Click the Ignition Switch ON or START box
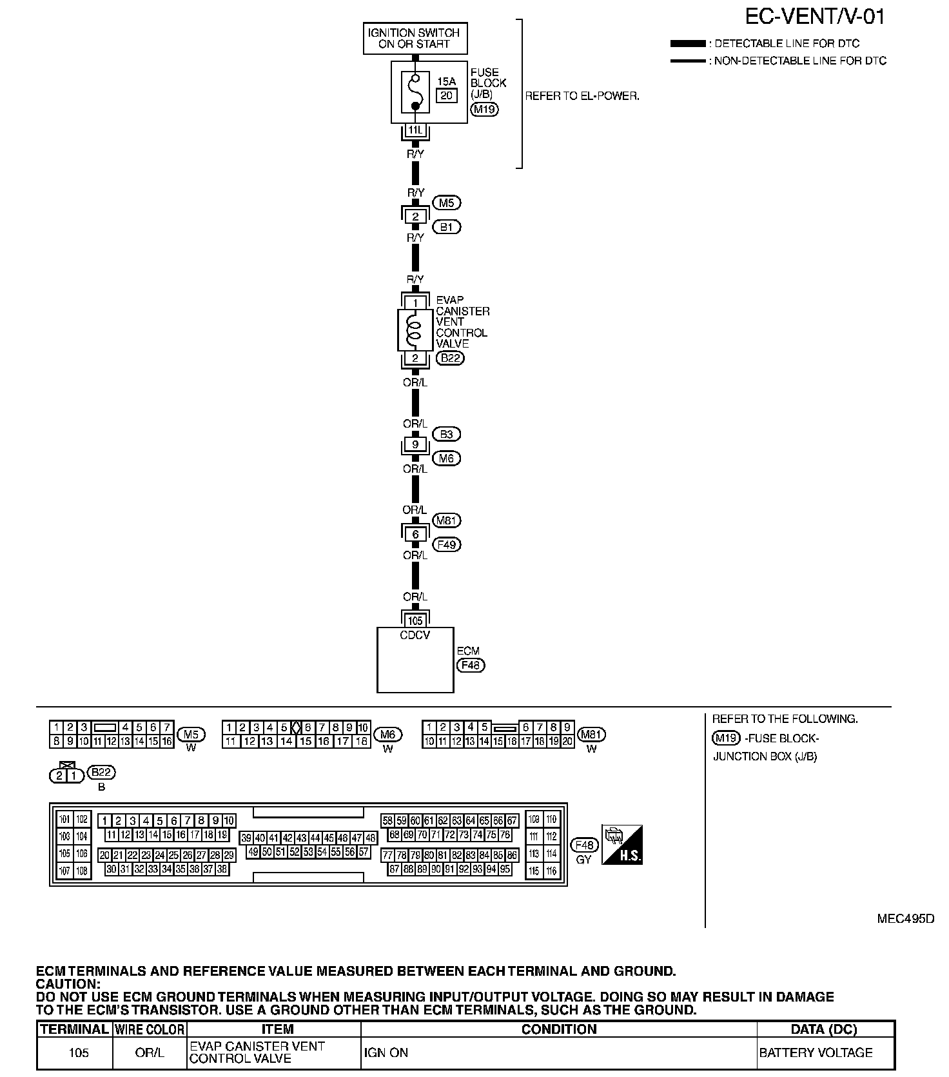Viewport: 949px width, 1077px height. (x=415, y=39)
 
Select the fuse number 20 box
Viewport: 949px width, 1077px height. (x=447, y=95)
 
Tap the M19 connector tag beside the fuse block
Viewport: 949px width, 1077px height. (x=484, y=109)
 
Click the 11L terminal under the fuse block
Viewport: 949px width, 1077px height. (x=415, y=130)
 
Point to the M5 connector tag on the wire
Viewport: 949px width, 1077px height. (x=446, y=203)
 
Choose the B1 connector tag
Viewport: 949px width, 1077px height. (x=446, y=227)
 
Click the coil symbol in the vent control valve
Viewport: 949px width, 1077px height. (x=415, y=331)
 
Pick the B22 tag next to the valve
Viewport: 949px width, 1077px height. (x=450, y=359)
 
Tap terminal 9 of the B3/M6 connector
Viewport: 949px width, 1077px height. (x=415, y=444)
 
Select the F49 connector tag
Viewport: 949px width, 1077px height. (x=446, y=545)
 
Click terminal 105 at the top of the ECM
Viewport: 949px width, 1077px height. (x=415, y=620)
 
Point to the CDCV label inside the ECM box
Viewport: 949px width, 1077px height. (x=415, y=635)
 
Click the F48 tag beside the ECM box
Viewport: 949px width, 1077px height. (x=470, y=665)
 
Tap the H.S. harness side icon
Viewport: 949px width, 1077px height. (x=622, y=845)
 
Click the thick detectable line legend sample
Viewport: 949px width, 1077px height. (x=688, y=44)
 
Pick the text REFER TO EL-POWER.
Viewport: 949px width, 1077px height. (x=582, y=97)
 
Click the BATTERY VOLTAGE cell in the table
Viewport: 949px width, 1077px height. (x=816, y=1053)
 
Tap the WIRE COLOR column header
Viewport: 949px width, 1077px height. (x=150, y=1029)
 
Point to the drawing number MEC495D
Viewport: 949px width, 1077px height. (x=905, y=918)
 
